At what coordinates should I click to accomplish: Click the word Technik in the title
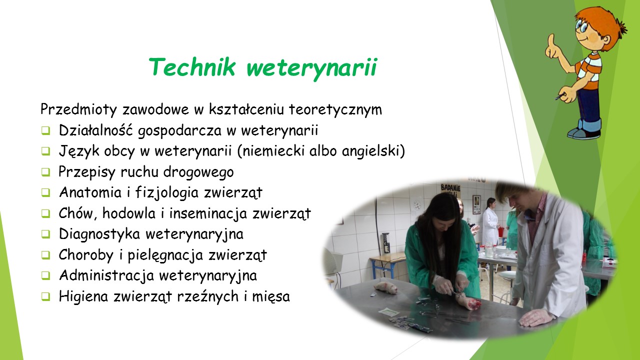192,67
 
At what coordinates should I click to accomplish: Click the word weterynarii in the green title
312,68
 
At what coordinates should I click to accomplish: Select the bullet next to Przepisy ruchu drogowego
45,172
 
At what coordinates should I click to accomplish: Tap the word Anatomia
90,192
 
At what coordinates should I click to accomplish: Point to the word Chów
77,213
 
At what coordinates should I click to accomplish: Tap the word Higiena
83,296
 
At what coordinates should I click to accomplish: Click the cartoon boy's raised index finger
551,40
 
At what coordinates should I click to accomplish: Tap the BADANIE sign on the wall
450,188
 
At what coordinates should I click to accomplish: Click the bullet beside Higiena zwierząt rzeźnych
45,296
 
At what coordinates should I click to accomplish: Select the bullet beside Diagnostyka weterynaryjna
45,234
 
